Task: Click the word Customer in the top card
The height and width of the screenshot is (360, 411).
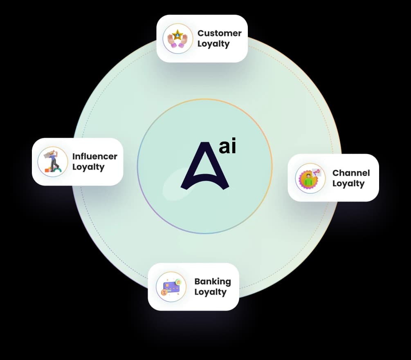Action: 219,33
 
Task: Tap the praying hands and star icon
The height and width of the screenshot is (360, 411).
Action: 177,39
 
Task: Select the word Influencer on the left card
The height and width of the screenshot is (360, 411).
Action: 94,156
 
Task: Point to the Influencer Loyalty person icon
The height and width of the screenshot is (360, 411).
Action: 53,161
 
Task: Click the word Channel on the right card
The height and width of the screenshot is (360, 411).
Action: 351,173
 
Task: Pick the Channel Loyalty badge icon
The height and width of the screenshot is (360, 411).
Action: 310,179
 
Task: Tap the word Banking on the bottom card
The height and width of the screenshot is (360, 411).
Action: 212,282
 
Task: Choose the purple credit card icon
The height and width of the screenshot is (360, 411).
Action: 170,287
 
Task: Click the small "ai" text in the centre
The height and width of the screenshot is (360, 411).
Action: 227,147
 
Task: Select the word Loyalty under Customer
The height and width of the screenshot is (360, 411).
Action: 213,44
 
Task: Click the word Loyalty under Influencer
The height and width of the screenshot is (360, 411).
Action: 88,167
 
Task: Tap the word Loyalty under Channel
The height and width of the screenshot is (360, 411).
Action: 348,183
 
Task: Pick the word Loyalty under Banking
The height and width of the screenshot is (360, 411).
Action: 210,292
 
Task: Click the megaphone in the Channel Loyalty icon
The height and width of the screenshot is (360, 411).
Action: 316,172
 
